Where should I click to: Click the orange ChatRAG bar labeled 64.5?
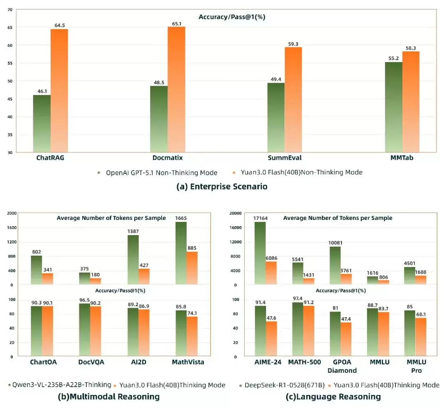tap(59, 90)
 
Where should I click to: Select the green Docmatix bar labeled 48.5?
tap(159, 119)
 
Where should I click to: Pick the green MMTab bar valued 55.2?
tap(393, 107)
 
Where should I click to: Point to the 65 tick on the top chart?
tap(9, 27)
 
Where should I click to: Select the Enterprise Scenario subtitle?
tap(222, 187)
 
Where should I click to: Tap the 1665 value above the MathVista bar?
tap(181, 217)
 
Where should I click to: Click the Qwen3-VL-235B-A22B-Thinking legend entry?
tap(60, 385)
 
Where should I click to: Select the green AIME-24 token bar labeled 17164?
tap(260, 253)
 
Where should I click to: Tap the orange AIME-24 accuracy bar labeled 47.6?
tap(271, 339)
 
